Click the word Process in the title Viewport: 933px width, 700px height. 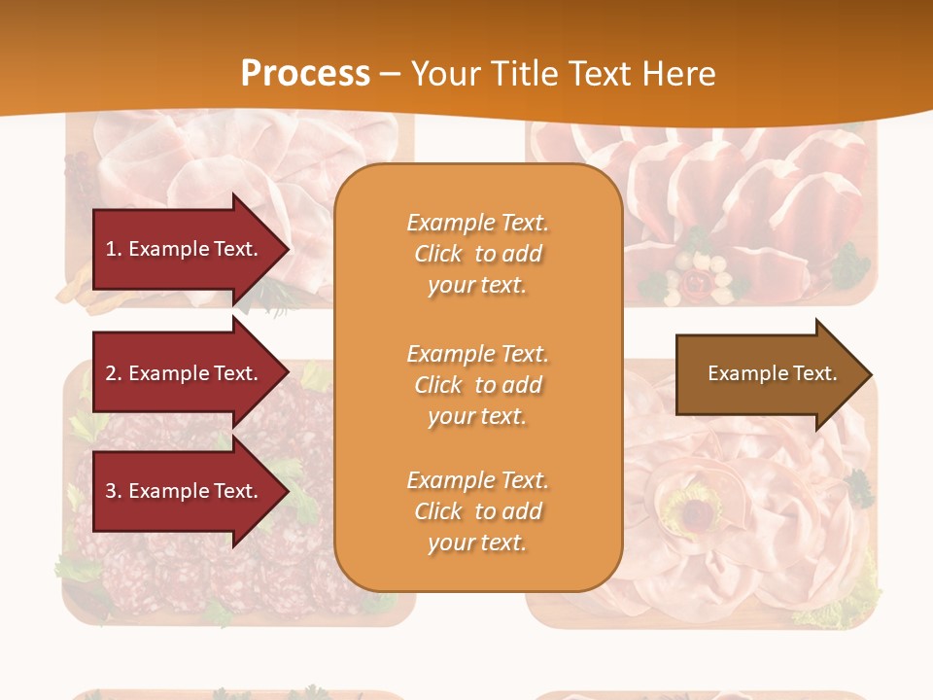(x=304, y=74)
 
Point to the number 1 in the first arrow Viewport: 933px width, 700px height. (x=112, y=249)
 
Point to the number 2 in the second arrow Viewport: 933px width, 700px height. (x=112, y=373)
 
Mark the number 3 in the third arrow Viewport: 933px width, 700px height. (x=112, y=491)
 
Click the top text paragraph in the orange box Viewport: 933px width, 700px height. (x=477, y=254)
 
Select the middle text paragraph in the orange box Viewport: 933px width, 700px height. (x=477, y=385)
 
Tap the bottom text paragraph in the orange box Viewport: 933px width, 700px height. (x=477, y=511)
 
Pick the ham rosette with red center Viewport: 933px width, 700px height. (x=692, y=506)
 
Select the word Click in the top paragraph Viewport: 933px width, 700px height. (x=438, y=254)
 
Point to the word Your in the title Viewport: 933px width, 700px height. (x=444, y=74)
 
